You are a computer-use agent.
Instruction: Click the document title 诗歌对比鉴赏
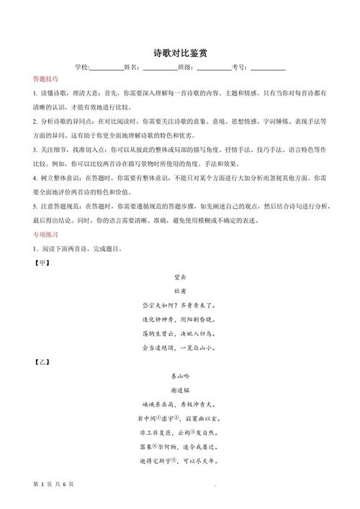click(x=180, y=54)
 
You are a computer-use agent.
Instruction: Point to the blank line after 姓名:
click(x=160, y=68)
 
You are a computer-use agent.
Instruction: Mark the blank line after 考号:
click(x=268, y=68)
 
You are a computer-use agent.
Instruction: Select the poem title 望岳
click(x=180, y=276)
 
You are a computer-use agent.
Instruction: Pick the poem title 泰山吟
click(x=180, y=376)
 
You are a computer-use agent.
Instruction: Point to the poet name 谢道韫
click(x=180, y=390)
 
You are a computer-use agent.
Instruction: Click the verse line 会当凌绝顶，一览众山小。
click(x=180, y=348)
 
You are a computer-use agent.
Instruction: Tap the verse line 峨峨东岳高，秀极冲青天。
click(x=180, y=405)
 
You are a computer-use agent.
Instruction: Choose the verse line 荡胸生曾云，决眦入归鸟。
click(x=180, y=333)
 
